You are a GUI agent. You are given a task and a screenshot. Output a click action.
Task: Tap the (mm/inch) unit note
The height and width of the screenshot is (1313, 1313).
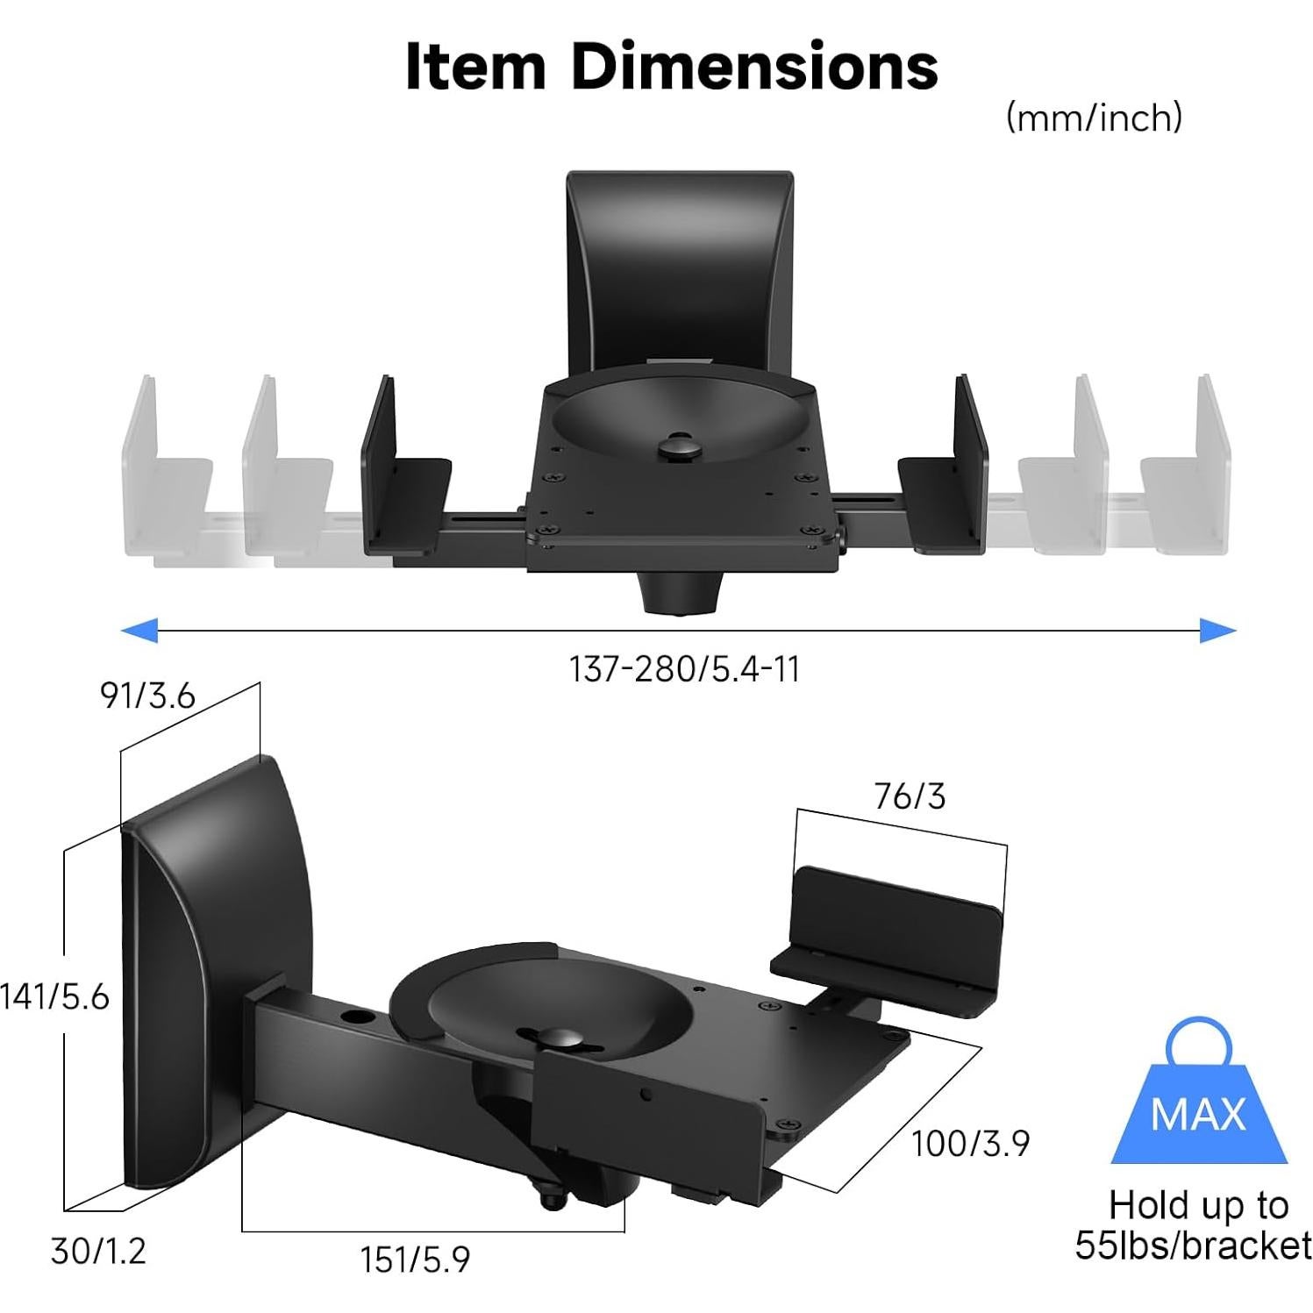point(1094,117)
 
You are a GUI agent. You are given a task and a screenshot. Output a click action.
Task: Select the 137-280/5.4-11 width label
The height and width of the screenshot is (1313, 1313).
point(684,670)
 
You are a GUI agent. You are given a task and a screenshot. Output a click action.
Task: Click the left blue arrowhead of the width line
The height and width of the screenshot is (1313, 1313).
point(140,629)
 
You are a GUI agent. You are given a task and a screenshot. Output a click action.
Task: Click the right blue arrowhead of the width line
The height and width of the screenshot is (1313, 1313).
point(1217,629)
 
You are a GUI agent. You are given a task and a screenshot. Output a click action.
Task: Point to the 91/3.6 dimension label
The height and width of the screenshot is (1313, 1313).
point(147,696)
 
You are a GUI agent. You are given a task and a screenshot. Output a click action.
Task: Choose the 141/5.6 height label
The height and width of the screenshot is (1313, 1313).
point(54,996)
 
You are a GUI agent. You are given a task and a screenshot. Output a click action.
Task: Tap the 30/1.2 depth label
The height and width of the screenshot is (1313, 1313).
point(98,1251)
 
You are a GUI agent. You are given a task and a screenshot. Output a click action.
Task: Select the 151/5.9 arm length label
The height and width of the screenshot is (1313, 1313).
point(415,1259)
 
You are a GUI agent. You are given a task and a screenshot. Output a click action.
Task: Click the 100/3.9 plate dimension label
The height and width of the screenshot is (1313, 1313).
point(970,1144)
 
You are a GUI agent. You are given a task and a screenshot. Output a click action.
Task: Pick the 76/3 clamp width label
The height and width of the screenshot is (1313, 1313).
point(910,796)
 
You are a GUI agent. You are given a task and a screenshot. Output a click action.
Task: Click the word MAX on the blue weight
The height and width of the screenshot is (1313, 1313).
point(1198,1114)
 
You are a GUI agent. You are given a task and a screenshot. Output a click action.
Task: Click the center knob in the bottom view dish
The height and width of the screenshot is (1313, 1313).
point(553,1039)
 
